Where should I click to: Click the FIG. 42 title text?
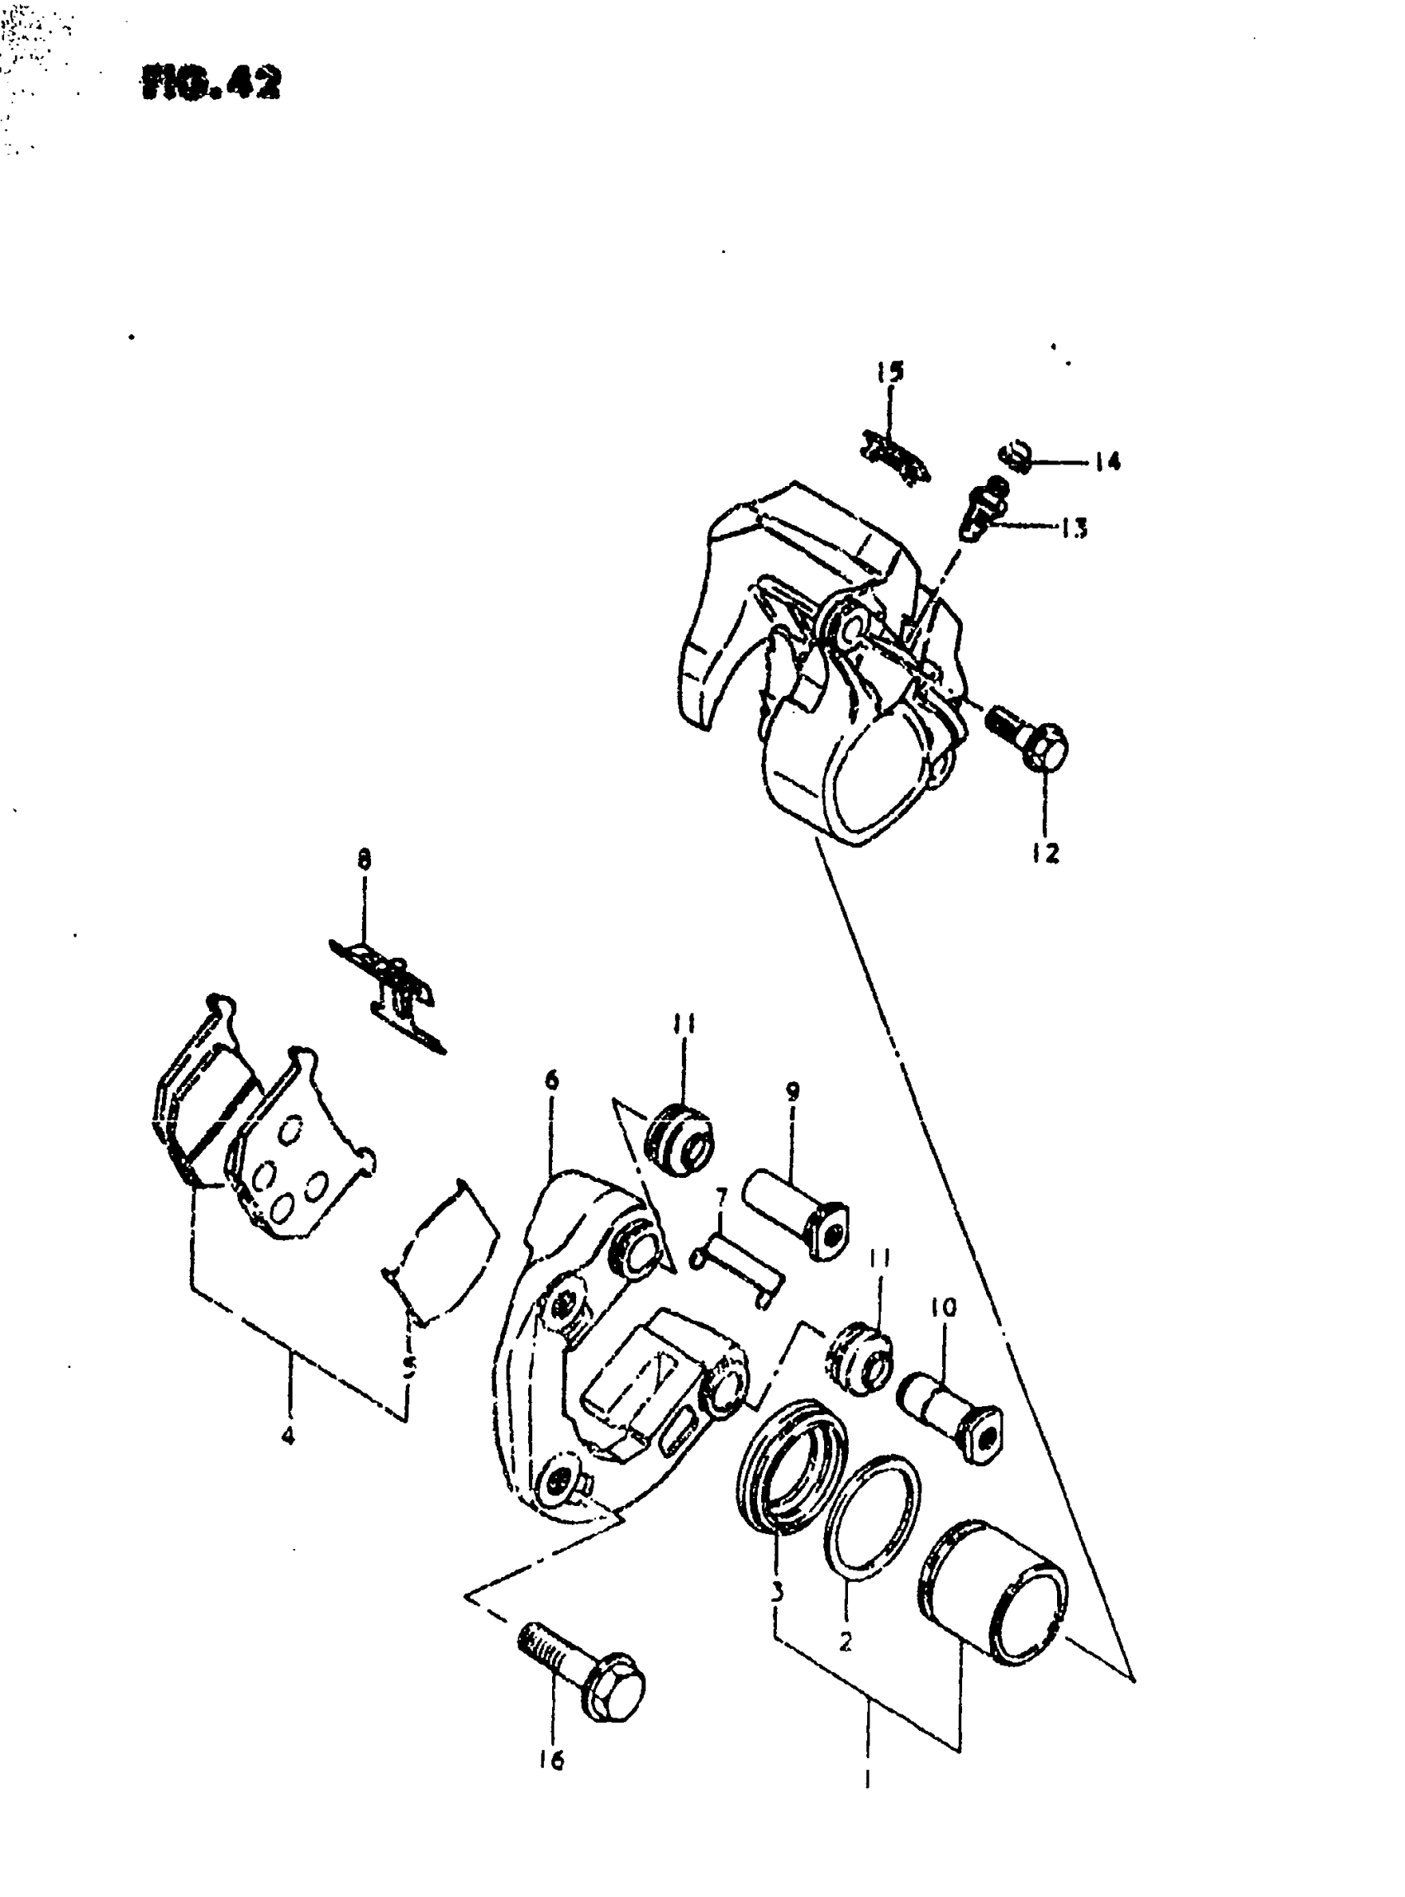pyautogui.click(x=212, y=83)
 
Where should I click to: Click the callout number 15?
pyautogui.click(x=890, y=373)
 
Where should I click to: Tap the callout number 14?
pyautogui.click(x=1107, y=463)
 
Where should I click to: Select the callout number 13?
pyautogui.click(x=1074, y=529)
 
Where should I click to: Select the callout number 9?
pyautogui.click(x=793, y=1092)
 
